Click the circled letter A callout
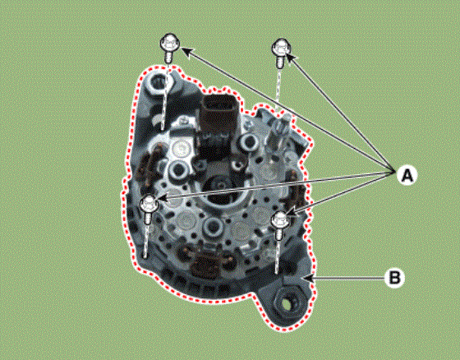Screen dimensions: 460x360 pos(407,176)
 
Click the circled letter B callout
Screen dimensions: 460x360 pos(394,277)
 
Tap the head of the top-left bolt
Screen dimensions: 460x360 pos(169,44)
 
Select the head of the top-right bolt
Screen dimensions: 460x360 pos(281,48)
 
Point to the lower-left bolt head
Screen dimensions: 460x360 pos(149,204)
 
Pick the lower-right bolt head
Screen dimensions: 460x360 pos(280,219)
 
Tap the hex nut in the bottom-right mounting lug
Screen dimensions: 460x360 pos(285,302)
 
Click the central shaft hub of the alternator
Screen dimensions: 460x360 pos(218,190)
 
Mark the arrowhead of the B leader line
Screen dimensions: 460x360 pos(310,278)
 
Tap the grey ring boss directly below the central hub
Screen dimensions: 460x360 pos(212,226)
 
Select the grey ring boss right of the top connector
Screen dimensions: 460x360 pos(249,142)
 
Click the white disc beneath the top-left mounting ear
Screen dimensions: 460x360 pos(180,149)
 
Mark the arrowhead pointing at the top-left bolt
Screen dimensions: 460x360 pos(187,52)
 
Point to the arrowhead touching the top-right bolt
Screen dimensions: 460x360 pos(291,58)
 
